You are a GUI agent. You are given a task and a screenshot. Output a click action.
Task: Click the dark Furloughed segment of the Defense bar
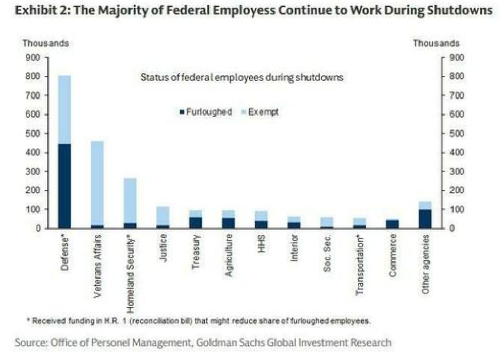[x=64, y=186]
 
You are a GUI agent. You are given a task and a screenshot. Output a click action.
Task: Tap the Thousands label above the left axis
[x=45, y=44]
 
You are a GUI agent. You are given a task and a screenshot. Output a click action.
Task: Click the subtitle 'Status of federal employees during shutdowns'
[x=242, y=78]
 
